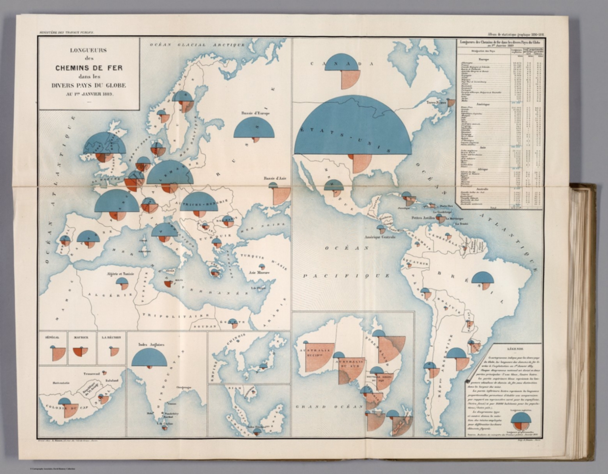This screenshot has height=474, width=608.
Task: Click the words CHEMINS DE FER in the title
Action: click(89, 68)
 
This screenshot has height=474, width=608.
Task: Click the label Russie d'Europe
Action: click(255, 114)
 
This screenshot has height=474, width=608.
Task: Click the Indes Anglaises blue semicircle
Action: click(149, 359)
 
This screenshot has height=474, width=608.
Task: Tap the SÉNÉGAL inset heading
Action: click(53, 337)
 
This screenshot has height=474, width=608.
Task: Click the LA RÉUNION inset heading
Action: click(112, 337)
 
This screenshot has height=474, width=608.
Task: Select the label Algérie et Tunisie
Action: click(120, 274)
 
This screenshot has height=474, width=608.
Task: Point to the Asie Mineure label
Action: click(259, 273)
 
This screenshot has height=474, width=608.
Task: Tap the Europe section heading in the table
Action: click(483, 59)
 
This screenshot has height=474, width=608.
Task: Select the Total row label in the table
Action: click(492, 207)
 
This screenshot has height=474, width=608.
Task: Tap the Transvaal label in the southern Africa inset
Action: click(92, 374)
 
